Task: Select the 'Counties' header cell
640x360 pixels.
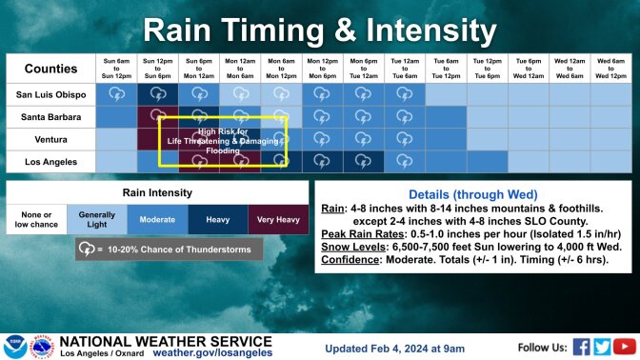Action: click(50, 69)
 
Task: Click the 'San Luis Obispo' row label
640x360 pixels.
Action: click(50, 94)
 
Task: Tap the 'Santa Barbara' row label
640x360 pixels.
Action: click(50, 117)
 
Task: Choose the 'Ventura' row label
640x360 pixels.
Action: click(50, 139)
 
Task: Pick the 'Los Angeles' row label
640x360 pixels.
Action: click(50, 162)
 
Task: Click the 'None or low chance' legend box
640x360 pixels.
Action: click(36, 220)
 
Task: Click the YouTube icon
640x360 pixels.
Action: click(624, 346)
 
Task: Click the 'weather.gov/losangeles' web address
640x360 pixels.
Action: click(212, 351)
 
